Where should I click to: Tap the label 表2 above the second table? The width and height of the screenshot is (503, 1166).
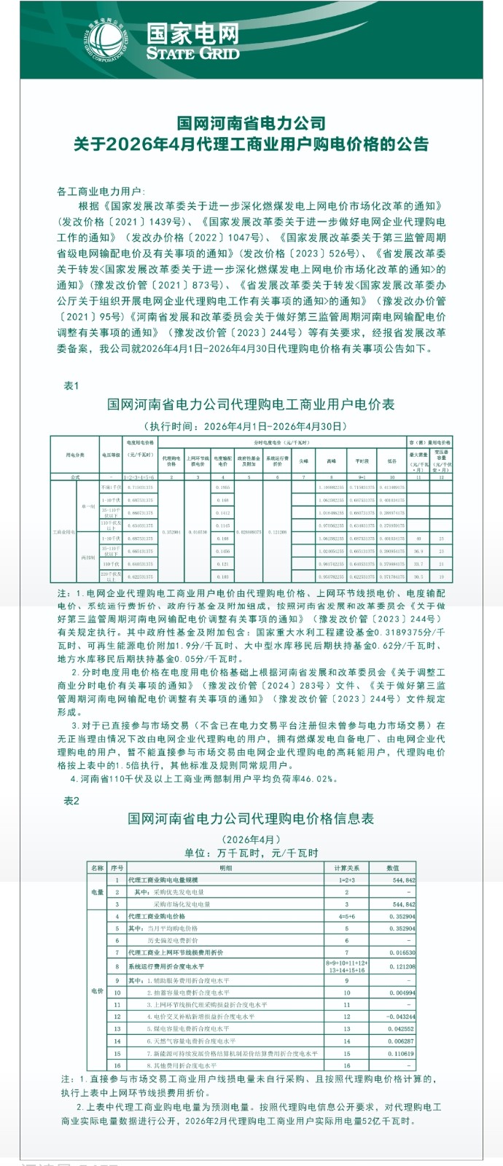pos(71,801)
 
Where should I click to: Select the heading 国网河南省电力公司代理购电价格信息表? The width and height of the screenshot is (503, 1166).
pos(251,818)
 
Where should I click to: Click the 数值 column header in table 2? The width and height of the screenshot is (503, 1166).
pos(392,868)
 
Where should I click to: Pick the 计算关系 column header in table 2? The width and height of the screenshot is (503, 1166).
pos(346,868)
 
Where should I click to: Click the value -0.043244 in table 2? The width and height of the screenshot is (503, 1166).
pos(400,1017)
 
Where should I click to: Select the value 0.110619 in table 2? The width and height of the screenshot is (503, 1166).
pos(400,1054)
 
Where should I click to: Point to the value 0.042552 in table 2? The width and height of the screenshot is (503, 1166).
pos(400,1029)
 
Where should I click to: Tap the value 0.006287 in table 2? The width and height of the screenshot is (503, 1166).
pos(400,1041)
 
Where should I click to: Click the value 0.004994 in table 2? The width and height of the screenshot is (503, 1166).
pos(400,993)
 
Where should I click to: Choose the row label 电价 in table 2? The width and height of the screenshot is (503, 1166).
pos(97,991)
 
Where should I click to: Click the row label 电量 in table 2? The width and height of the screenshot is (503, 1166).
pos(97,892)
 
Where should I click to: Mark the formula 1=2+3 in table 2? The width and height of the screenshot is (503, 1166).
pos(346,880)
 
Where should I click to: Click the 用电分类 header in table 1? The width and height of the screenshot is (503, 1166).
pos(75,455)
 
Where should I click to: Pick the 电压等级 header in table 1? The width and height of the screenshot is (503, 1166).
pos(110,455)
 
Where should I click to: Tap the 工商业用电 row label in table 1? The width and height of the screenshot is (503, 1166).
pos(63,533)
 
